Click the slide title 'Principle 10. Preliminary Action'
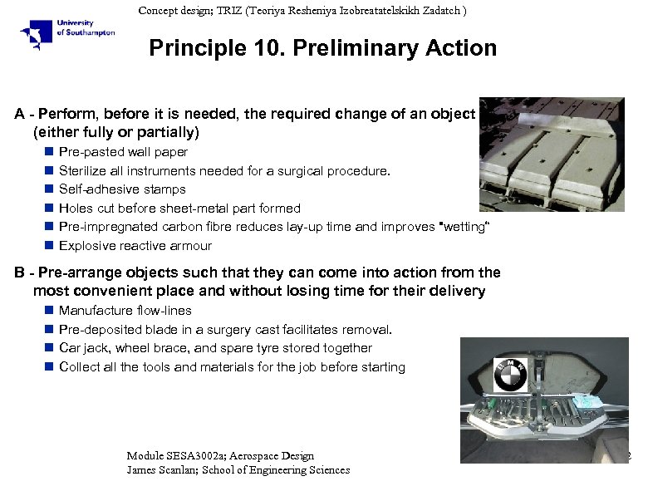322,48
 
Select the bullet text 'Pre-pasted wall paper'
123,152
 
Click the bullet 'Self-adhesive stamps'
122,189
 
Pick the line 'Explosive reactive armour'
135,246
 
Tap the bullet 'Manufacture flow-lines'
125,311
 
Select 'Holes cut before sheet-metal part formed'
179,209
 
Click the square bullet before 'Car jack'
49,348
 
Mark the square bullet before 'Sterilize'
49,171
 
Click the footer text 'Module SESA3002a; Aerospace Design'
220,455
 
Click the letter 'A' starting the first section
19,114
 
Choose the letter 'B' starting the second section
19,272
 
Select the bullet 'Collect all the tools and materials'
232,367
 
